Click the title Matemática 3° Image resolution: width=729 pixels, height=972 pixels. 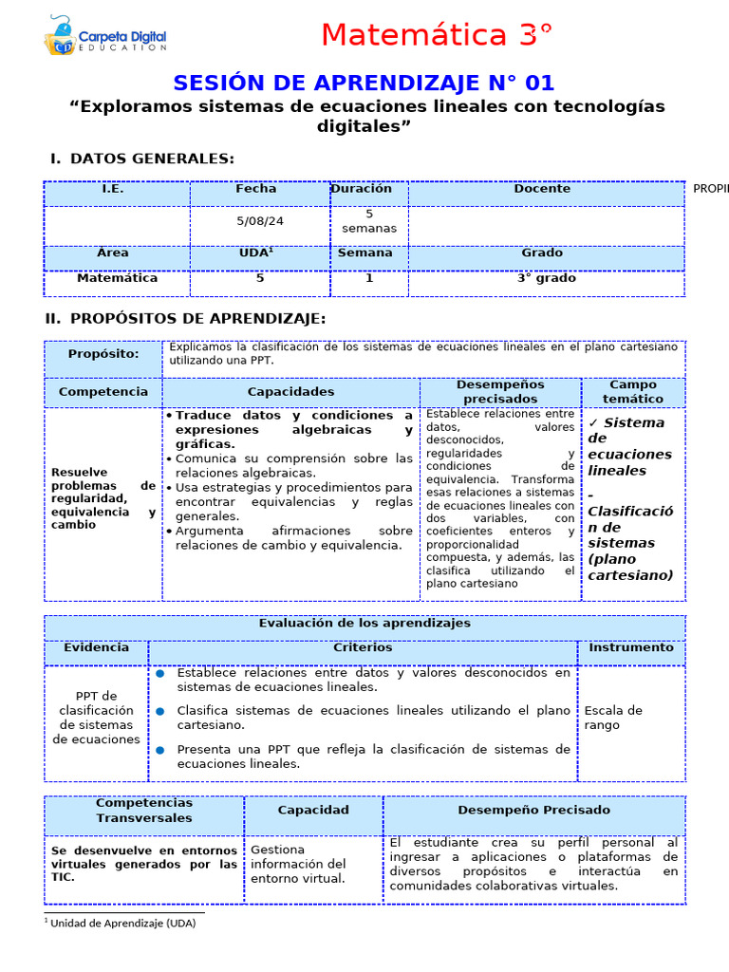click(436, 35)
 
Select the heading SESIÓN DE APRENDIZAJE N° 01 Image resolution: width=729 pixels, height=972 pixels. click(364, 83)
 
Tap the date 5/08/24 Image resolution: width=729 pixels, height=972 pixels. click(260, 220)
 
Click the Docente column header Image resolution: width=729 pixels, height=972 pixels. click(542, 189)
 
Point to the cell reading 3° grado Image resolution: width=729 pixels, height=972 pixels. click(546, 278)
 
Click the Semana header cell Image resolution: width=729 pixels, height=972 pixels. click(365, 252)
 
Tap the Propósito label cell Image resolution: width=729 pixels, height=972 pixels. click(103, 354)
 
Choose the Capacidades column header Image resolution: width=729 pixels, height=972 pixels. click(290, 391)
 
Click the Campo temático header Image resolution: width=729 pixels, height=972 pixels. click(633, 392)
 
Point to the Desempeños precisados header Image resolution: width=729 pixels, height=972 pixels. click(500, 392)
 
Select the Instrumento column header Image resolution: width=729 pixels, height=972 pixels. click(631, 647)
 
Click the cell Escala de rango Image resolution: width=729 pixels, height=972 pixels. click(613, 718)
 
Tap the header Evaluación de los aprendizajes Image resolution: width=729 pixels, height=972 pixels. click(364, 624)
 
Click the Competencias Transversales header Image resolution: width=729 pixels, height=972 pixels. click(144, 810)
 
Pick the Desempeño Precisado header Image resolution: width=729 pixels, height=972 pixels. click(533, 810)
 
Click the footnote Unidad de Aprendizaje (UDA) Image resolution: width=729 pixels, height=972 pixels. click(121, 923)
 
